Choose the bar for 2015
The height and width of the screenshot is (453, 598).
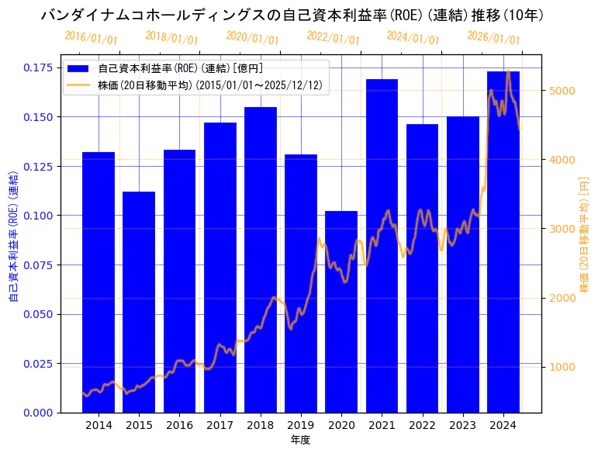pos(139,302)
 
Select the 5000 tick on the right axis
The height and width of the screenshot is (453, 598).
pos(562,91)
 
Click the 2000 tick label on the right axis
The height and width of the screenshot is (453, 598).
pos(562,298)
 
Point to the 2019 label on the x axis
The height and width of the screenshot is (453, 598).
pos(301,425)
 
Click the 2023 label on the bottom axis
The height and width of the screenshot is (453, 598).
pos(463,425)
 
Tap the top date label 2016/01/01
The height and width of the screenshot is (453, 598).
pos(92,38)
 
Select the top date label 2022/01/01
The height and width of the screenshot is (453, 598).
pos(333,37)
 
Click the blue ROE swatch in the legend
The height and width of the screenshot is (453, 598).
pos(79,68)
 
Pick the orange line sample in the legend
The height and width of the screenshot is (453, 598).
pos(79,85)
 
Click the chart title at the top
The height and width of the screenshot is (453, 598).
pos(292,15)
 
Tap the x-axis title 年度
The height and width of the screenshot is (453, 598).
pos(301,440)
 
